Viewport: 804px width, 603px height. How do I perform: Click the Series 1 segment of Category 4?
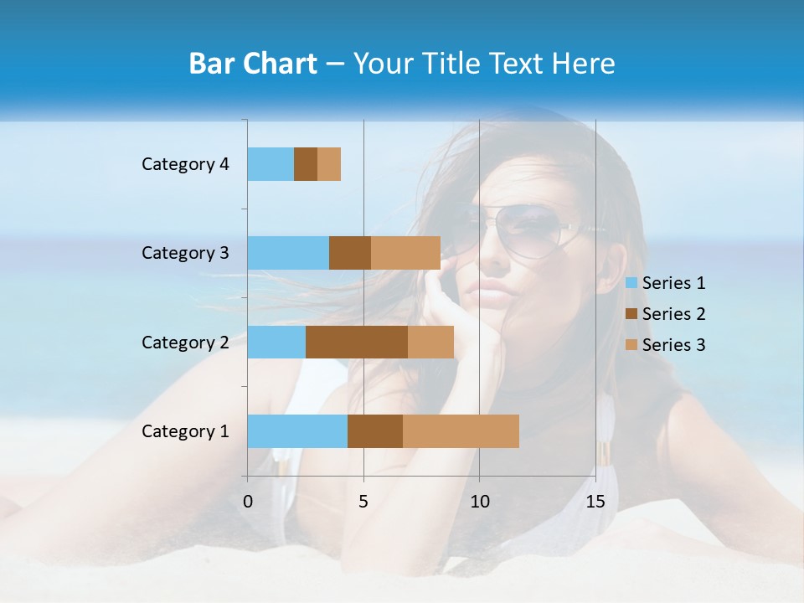tap(271, 164)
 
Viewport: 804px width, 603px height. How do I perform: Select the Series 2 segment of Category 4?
tap(306, 164)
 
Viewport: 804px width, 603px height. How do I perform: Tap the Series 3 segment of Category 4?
tap(329, 164)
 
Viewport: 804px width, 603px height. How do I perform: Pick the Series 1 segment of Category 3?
tap(288, 253)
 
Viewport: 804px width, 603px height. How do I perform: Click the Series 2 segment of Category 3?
tap(350, 253)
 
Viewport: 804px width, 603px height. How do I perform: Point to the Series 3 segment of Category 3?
tap(405, 253)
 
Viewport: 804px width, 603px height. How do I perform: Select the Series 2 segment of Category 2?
tap(357, 342)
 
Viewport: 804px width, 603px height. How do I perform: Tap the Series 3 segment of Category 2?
tap(430, 342)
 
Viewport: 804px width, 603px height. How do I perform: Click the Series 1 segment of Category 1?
tap(297, 431)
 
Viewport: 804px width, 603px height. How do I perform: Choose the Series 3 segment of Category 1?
tap(461, 431)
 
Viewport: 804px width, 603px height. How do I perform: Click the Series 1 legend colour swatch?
tap(631, 283)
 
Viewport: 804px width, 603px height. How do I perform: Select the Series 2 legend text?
tap(674, 314)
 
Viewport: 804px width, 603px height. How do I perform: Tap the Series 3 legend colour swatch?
tap(631, 345)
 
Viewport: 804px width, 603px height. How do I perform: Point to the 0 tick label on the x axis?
tap(248, 502)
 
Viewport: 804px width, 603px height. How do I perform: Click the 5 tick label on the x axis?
tap(363, 502)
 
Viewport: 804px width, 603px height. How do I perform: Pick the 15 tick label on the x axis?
tap(595, 502)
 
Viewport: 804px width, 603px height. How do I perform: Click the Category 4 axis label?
tap(185, 164)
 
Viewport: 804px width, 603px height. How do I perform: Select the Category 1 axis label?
tap(185, 431)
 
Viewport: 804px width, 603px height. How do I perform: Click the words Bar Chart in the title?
tap(253, 64)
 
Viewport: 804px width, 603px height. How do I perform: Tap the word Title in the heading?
tap(449, 64)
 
